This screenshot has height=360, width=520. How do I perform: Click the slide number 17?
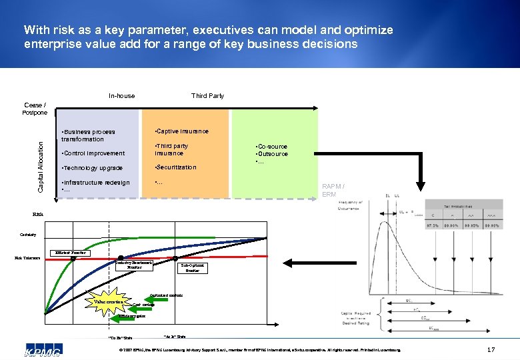coord(491,349)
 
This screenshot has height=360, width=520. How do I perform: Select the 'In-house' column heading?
coord(121,96)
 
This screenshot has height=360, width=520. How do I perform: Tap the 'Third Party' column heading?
coord(207,96)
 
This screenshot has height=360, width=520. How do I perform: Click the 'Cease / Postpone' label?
coord(35,109)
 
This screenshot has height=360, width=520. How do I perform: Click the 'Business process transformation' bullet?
coord(89,135)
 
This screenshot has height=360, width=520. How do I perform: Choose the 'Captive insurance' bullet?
coord(181,131)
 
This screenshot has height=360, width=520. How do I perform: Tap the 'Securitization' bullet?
coord(175,167)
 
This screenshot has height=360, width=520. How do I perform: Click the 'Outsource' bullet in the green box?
coord(272,154)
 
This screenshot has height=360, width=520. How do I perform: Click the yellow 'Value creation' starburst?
coord(107,302)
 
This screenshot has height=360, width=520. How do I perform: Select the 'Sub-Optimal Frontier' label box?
coord(192,268)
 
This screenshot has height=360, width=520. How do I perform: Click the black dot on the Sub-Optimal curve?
coord(175,259)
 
